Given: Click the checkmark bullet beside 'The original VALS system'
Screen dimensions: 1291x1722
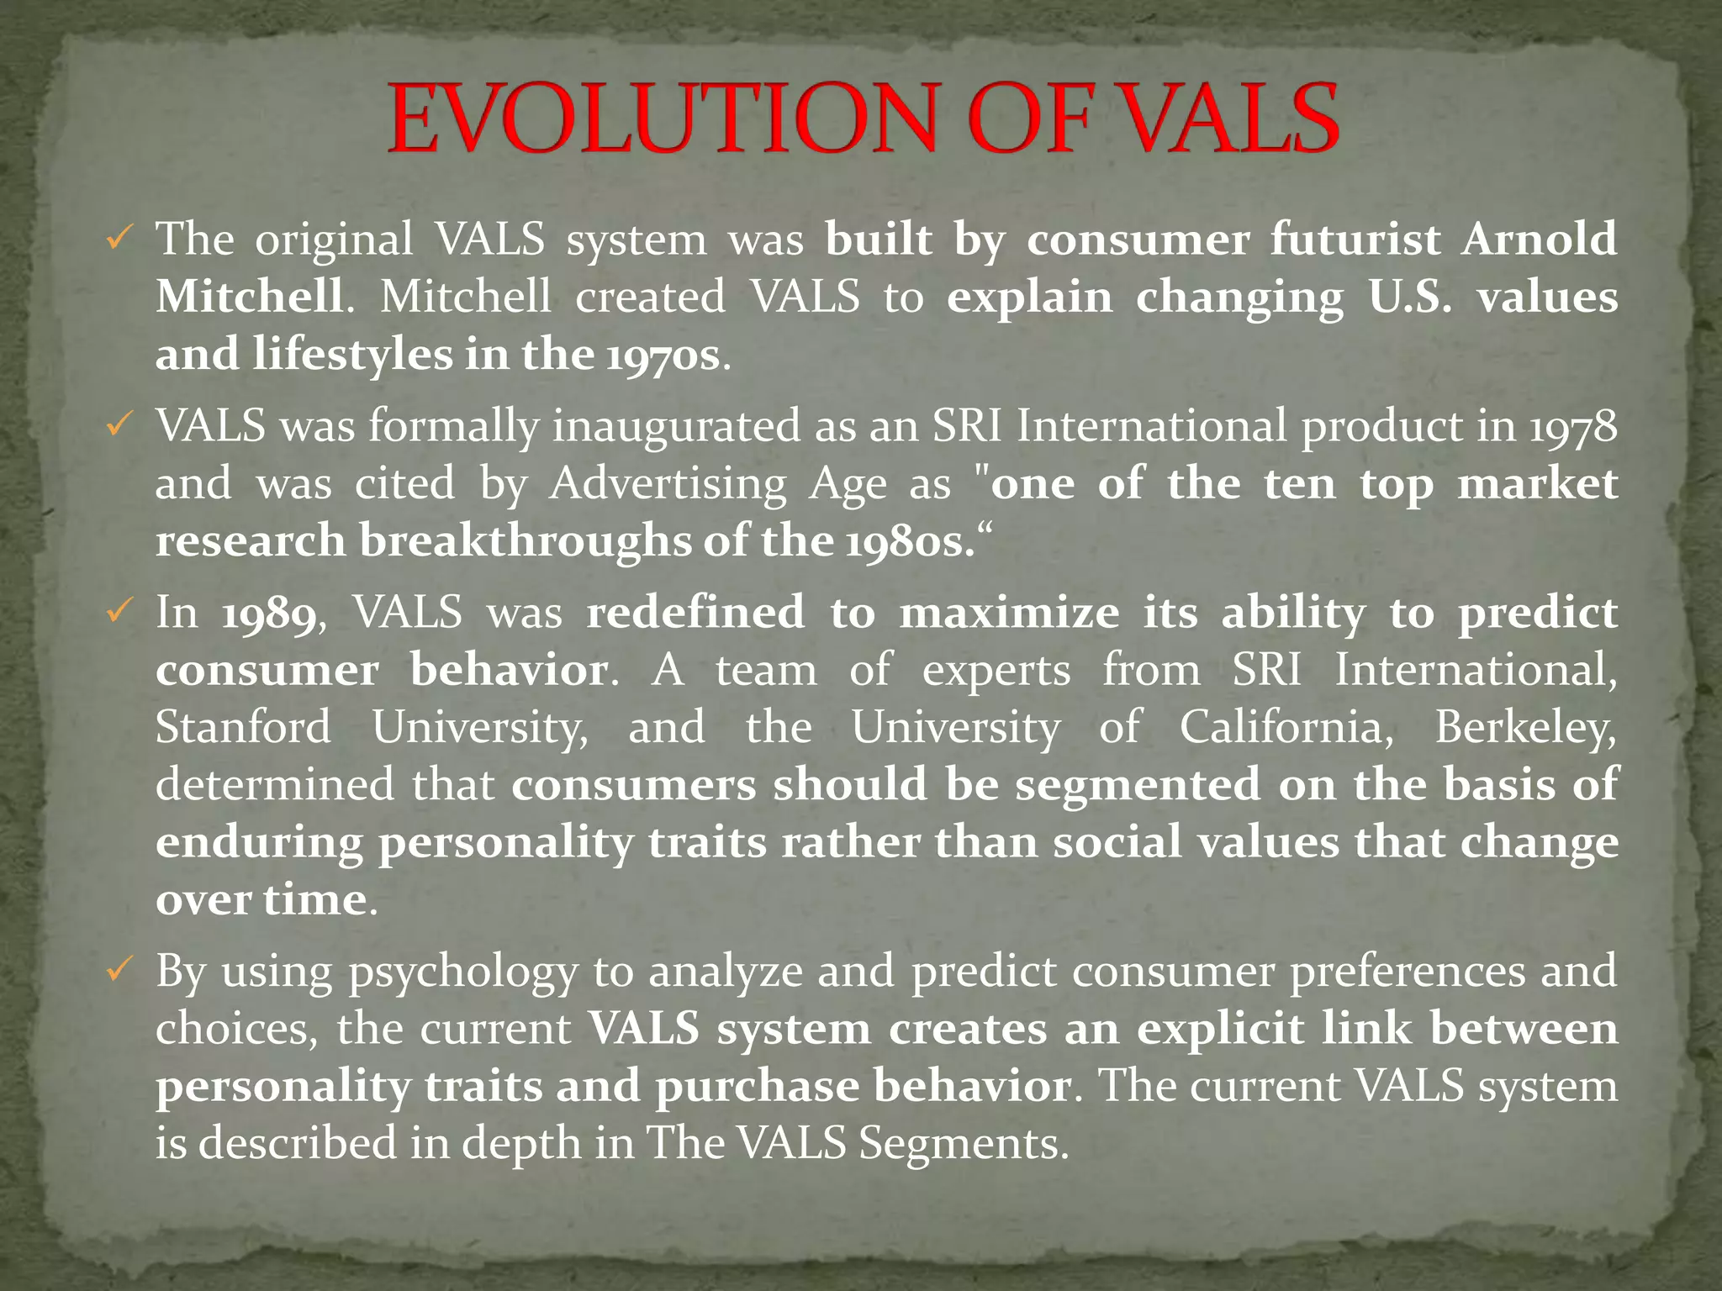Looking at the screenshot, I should tap(118, 240).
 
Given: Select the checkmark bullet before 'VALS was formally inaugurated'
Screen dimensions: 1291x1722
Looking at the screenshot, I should tap(118, 427).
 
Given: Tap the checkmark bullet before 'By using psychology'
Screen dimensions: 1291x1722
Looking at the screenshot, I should tap(118, 971).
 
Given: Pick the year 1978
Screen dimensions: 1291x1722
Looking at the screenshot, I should tap(1572, 427).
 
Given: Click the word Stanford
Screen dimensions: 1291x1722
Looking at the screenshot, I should tap(243, 727).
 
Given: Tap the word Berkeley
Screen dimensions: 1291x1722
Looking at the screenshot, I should tap(1524, 729).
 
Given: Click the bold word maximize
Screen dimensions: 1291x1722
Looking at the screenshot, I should tap(1009, 613).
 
